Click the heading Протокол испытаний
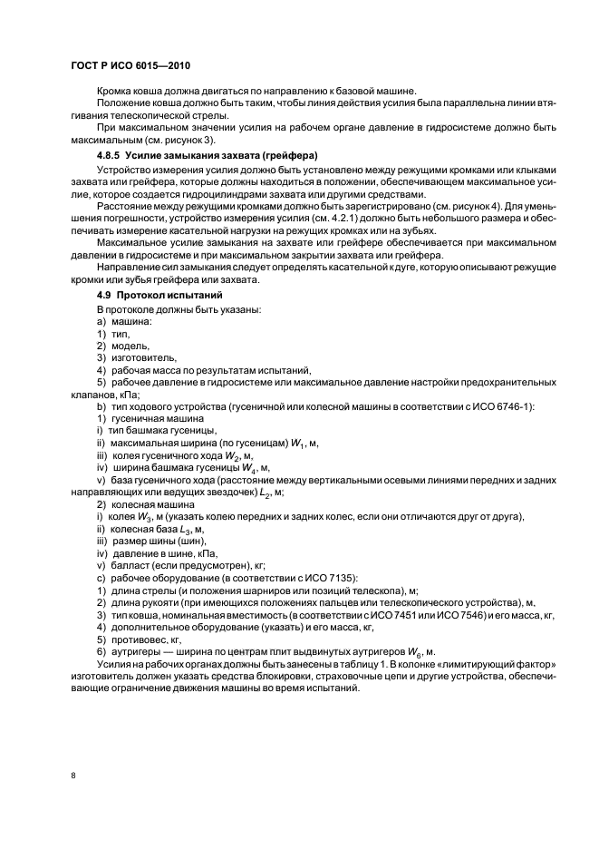(x=167, y=296)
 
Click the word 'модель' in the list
(x=130, y=346)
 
